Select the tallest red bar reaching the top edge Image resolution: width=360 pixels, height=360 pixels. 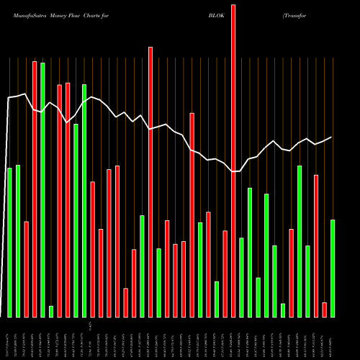coord(233,158)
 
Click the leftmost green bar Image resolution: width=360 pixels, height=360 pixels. coord(9,242)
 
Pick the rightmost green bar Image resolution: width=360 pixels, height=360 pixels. coord(333,268)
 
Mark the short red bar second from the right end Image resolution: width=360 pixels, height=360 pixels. coord(324,310)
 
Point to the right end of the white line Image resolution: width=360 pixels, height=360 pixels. coord(332,137)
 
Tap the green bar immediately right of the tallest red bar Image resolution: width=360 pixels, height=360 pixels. coord(241,277)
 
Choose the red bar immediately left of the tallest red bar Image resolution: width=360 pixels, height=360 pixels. coord(225,274)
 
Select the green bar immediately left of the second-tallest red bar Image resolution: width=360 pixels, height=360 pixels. coord(142,266)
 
